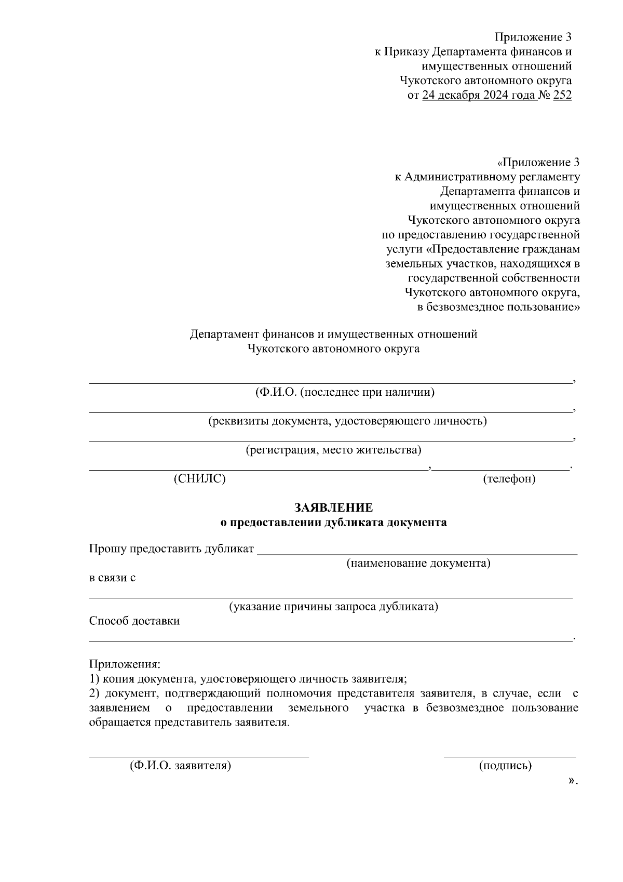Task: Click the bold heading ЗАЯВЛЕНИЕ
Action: [333, 507]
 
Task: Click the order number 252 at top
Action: [562, 95]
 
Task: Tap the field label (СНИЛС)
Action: [200, 478]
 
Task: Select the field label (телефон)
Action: [509, 478]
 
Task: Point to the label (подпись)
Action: [505, 765]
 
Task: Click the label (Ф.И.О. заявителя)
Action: [180, 765]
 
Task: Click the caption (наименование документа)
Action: [418, 563]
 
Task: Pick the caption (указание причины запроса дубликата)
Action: [334, 606]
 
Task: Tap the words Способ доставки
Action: [134, 621]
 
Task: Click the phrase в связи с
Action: [113, 578]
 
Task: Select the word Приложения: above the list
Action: [125, 664]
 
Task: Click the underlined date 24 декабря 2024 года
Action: [480, 95]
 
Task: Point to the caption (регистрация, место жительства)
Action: [333, 449]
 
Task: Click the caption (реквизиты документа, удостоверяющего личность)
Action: [347, 421]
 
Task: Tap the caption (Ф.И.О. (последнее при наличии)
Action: [344, 392]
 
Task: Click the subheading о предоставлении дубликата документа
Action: [333, 523]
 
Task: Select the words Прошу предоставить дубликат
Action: [171, 549]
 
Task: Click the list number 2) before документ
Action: [94, 693]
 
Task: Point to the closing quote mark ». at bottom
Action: [573, 780]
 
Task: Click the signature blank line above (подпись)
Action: [509, 757]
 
